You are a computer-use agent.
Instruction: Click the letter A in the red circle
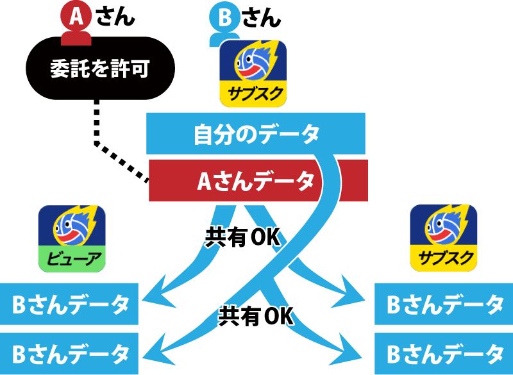(x=76, y=17)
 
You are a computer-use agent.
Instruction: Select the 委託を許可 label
(x=99, y=69)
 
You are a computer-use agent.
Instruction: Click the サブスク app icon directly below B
(x=253, y=73)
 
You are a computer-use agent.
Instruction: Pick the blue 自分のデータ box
(x=256, y=134)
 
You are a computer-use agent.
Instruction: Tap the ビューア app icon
(x=72, y=239)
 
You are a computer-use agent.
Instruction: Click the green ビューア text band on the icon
(x=72, y=259)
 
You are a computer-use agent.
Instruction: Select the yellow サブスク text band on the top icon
(x=253, y=94)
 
